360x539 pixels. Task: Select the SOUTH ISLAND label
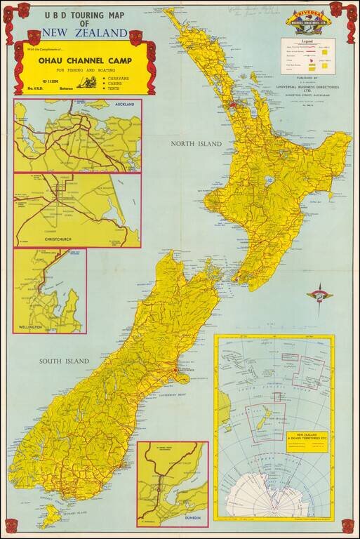point(64,361)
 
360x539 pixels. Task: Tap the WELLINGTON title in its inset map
point(31,328)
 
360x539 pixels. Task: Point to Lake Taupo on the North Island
point(269,180)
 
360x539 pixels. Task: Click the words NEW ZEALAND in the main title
point(85,33)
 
